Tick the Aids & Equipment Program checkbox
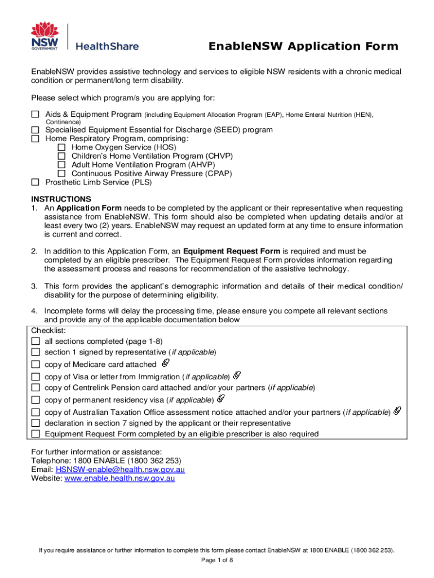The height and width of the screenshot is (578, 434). click(x=35, y=115)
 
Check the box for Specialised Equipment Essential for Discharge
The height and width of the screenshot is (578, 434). click(x=35, y=130)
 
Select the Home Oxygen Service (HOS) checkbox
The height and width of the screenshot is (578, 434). click(x=62, y=147)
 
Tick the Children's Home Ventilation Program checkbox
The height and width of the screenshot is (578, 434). click(x=62, y=156)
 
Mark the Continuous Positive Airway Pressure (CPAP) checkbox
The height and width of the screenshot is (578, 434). click(x=62, y=173)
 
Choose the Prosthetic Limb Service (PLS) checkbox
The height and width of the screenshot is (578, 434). click(x=35, y=182)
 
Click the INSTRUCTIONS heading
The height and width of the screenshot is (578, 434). click(x=61, y=199)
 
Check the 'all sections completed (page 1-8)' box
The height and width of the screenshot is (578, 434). click(x=36, y=341)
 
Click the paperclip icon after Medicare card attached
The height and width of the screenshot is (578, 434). click(x=166, y=363)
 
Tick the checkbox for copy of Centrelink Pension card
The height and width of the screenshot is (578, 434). click(x=36, y=388)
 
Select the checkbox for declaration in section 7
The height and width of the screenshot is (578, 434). click(x=36, y=423)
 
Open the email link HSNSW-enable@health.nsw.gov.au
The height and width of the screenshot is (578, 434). click(x=120, y=470)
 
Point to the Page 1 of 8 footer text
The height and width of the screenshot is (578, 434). click(x=217, y=560)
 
